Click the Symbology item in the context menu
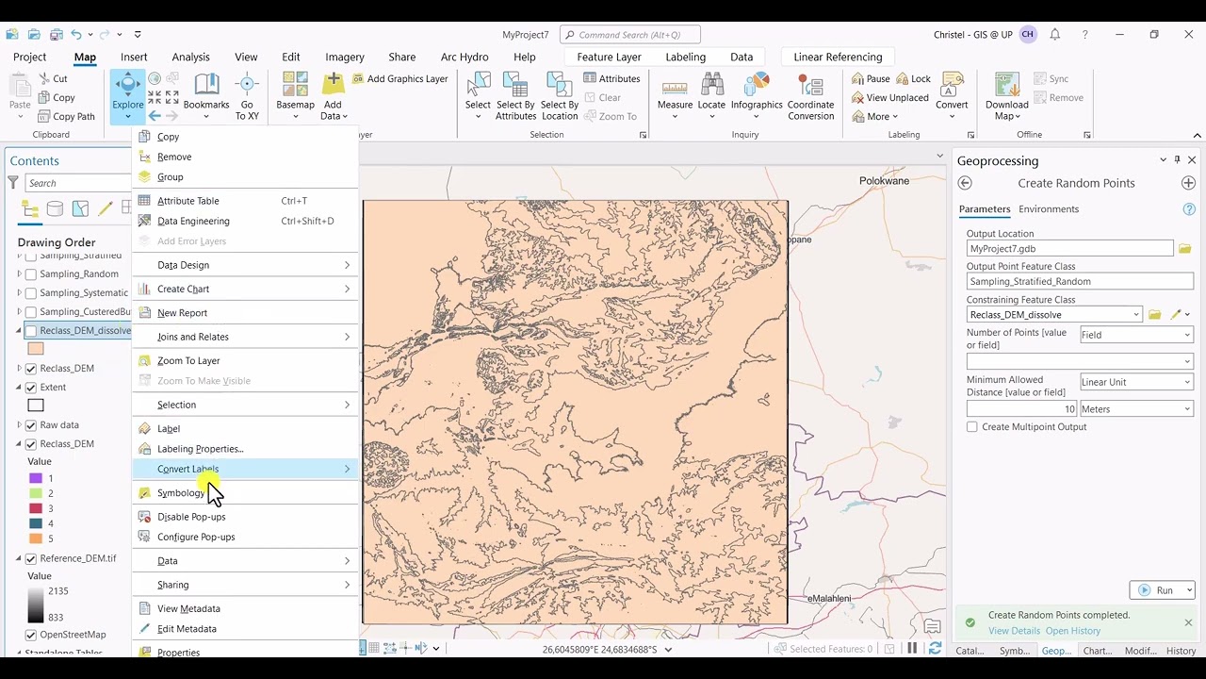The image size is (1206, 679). pos(181,493)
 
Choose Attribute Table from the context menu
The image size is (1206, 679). pos(187,201)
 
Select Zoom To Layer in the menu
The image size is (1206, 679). pos(188,360)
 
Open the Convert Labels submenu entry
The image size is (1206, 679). pos(187,469)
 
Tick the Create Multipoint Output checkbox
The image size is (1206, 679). pos(972,427)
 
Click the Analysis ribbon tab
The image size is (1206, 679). pos(190,57)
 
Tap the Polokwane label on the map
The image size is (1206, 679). pos(884,180)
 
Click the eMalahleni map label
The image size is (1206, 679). pos(829,599)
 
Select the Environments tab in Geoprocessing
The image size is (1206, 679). pos(1048,209)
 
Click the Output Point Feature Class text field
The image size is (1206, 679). pos(1079,281)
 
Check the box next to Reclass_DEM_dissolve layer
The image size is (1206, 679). pos(31,331)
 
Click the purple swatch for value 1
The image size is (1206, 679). pos(36,478)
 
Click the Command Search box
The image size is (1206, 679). pos(630,35)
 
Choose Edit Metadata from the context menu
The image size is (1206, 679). pos(187,629)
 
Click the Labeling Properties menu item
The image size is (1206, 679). pos(200,449)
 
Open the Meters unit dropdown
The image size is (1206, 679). pos(1135,409)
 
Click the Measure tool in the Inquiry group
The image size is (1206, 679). pos(675,97)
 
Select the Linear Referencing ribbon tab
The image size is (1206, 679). pos(838,57)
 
